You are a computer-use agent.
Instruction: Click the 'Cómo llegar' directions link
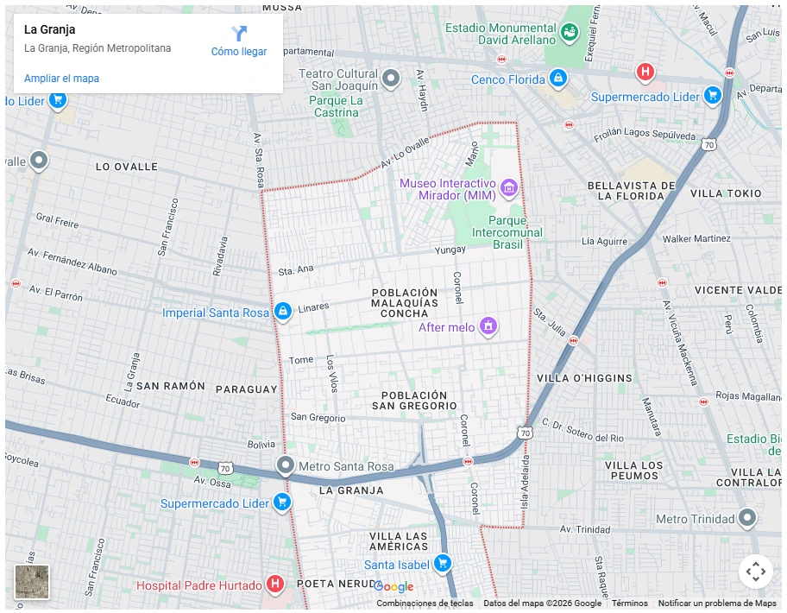pyautogui.click(x=239, y=41)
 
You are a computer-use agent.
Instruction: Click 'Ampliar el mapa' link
pyautogui.click(x=61, y=79)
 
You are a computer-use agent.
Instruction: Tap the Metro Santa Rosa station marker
pyautogui.click(x=286, y=466)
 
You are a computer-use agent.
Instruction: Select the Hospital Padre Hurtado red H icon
pyautogui.click(x=275, y=585)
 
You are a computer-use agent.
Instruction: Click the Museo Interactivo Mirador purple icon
pyautogui.click(x=508, y=187)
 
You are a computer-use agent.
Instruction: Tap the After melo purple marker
pyautogui.click(x=488, y=326)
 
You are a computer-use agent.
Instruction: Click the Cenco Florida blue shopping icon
pyautogui.click(x=558, y=79)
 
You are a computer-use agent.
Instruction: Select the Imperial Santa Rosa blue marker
pyautogui.click(x=282, y=312)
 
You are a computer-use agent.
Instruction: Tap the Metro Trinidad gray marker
pyautogui.click(x=747, y=518)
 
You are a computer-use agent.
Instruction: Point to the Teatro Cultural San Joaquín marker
pyautogui.click(x=391, y=79)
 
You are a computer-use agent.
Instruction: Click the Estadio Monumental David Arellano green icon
pyautogui.click(x=570, y=33)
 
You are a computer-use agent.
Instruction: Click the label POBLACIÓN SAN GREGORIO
pyautogui.click(x=414, y=400)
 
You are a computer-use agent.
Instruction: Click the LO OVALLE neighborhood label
pyautogui.click(x=127, y=166)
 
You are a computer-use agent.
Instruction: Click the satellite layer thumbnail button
pyautogui.click(x=32, y=582)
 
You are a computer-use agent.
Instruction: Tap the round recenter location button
pyautogui.click(x=755, y=572)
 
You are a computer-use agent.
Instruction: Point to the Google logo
pyautogui.click(x=394, y=587)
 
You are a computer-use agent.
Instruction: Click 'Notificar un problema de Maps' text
pyautogui.click(x=717, y=604)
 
